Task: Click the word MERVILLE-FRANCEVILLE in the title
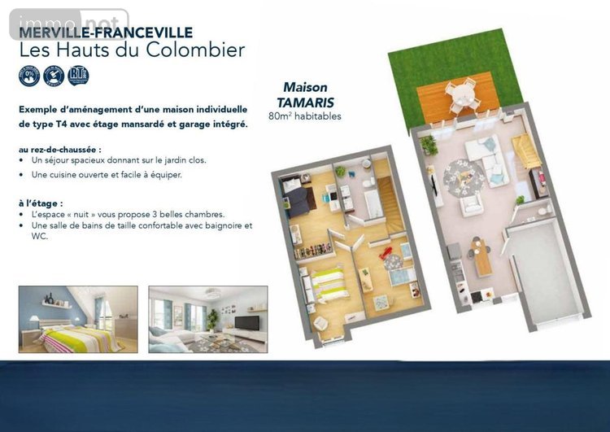tap(106, 33)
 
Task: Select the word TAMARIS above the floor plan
tap(305, 103)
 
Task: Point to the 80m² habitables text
tap(304, 116)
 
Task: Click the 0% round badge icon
tap(29, 76)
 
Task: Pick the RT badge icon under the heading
tap(79, 76)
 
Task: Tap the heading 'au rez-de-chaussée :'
tap(59, 150)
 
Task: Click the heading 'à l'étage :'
tap(40, 203)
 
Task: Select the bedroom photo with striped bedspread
tap(78, 319)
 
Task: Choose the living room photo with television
tap(207, 319)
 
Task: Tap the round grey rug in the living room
tap(464, 177)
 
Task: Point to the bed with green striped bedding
tap(329, 284)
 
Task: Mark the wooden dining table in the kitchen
tap(482, 256)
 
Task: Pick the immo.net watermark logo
tap(68, 23)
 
